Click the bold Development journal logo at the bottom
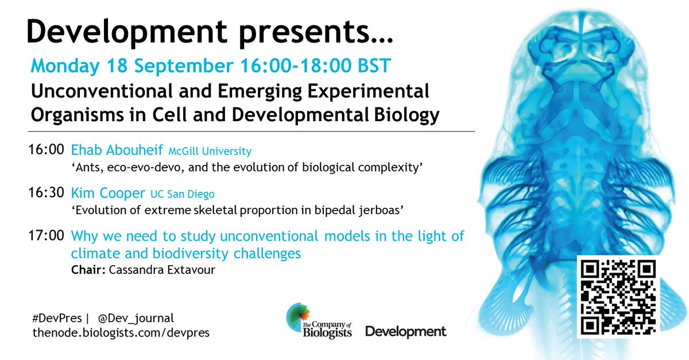405,332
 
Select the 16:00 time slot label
46,151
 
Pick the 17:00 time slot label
46,235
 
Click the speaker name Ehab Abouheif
117,151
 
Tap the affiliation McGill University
210,152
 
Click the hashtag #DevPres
51,318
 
